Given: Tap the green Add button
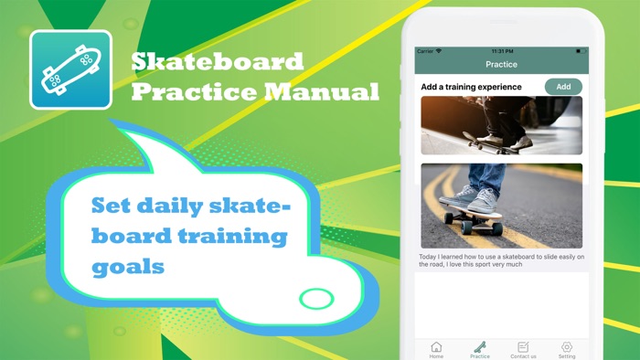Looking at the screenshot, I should click(563, 87).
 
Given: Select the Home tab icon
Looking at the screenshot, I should click(436, 348).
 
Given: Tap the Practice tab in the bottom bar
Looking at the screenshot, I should click(479, 348).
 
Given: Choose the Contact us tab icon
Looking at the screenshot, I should click(523, 348).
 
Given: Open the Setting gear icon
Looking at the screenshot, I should click(567, 348).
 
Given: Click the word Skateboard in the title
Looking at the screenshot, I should click(217, 62).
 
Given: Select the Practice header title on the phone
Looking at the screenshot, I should click(501, 65).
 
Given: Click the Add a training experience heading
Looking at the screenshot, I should click(471, 87).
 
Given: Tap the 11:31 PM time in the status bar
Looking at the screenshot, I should click(502, 51).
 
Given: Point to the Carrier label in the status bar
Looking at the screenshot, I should click(427, 51).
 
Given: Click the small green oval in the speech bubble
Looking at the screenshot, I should click(317, 298).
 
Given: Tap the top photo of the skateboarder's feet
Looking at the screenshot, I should click(501, 125).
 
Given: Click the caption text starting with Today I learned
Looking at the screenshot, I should click(501, 261).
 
